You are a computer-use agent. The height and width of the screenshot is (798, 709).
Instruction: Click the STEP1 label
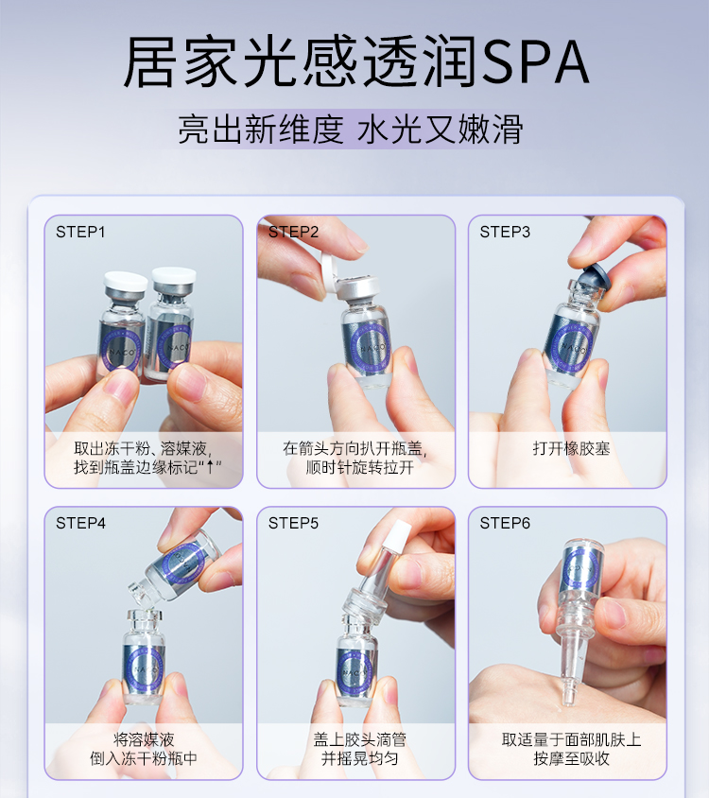80,232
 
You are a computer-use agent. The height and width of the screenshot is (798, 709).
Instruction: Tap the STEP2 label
293,232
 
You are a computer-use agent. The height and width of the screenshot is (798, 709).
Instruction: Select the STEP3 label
505,232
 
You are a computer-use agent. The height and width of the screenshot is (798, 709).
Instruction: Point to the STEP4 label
80,523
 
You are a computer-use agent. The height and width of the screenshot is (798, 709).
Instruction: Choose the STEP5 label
293,523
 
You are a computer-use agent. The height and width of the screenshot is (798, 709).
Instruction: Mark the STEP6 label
505,523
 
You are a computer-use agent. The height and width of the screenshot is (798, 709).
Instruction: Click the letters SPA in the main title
535,62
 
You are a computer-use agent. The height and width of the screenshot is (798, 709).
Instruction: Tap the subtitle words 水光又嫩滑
441,130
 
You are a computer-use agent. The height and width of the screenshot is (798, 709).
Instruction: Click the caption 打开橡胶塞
571,449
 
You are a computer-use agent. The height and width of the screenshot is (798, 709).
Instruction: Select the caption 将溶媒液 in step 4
144,739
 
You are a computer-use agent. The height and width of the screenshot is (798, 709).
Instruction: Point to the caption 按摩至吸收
571,758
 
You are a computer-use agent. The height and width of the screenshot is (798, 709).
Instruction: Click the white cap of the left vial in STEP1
125,281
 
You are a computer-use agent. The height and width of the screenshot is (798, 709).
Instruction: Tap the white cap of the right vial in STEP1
174,275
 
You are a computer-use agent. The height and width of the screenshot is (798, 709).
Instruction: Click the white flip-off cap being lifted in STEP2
330,275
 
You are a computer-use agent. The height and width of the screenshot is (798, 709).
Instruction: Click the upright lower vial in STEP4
144,656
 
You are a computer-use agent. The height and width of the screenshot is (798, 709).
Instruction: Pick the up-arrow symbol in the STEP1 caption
210,467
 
